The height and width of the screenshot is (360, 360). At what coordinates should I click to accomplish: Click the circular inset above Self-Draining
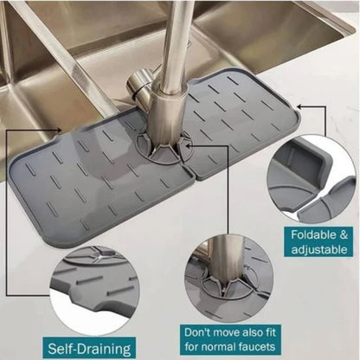[x=54, y=277]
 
